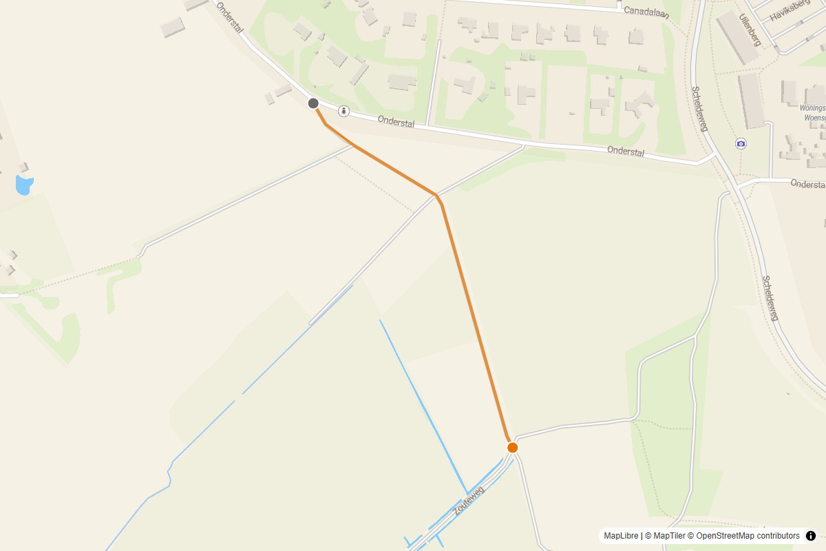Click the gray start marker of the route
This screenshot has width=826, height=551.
point(313,103)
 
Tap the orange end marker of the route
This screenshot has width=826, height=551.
point(512,448)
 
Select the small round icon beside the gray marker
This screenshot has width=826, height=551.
point(343,110)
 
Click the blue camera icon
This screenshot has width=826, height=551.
point(741,143)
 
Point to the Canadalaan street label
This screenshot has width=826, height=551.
point(647,11)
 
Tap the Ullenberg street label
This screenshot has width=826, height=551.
point(750,30)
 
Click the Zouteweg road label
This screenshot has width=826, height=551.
point(469,501)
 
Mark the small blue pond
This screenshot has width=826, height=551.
point(23,185)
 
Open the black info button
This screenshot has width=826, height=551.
point(810,536)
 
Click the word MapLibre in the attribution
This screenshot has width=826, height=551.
point(621,536)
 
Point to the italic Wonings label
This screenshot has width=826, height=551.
point(812,108)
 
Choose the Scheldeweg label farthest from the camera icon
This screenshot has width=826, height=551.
point(770,298)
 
